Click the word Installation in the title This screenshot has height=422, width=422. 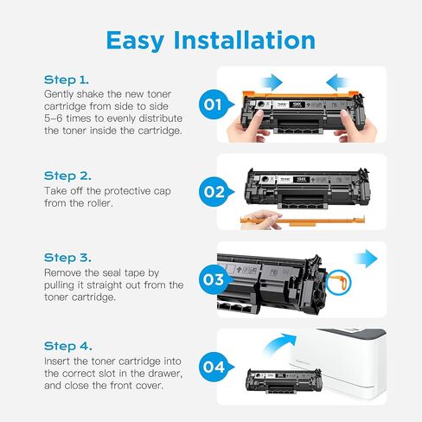click(x=253, y=40)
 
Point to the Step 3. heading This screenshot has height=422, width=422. click(x=67, y=257)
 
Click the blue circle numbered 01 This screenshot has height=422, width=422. click(x=214, y=106)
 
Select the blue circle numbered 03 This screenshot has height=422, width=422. click(x=214, y=280)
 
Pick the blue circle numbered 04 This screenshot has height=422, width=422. click(x=214, y=367)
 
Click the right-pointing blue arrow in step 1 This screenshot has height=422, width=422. click(x=270, y=82)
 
